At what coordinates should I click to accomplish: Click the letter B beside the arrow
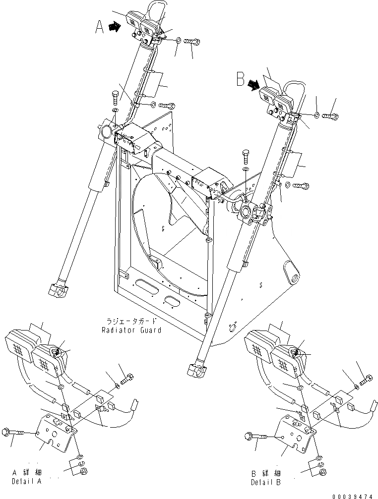241,79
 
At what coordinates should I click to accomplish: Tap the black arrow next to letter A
115,28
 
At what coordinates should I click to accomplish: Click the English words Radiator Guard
131,330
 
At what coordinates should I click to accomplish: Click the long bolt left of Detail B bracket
256,437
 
